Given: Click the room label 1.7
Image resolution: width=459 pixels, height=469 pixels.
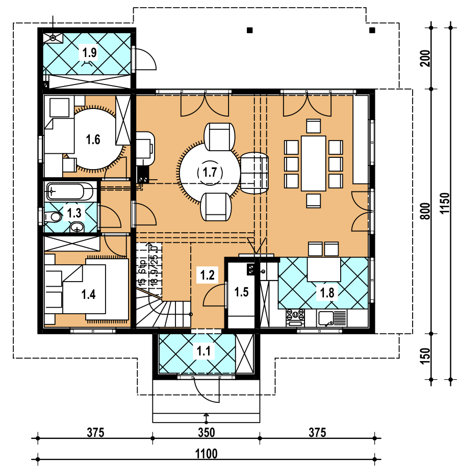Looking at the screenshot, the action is (210, 172).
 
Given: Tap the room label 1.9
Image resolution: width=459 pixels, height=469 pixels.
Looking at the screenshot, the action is (89, 52).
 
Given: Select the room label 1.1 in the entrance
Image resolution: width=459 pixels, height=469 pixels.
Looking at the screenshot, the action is (203, 350).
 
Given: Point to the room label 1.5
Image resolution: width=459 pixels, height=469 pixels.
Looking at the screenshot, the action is (241, 292).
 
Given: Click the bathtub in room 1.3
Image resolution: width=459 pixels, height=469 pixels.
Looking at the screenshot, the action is (70, 191).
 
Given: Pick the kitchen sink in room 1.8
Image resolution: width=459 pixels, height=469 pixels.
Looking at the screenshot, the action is (326, 318).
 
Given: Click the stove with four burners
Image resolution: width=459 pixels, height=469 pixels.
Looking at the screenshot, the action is (295, 318).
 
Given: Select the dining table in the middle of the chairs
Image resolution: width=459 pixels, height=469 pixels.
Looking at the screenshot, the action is (313, 163).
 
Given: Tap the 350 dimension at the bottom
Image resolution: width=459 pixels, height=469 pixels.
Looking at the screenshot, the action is (207, 432).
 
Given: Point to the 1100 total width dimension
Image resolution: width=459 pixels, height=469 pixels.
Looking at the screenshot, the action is (206, 454).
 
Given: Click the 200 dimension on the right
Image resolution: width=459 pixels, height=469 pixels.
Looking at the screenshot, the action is (425, 59).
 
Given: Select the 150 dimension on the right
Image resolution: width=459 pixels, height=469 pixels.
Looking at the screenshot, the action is (425, 355).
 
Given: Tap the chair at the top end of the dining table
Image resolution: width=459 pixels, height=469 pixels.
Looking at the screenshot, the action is (313, 126).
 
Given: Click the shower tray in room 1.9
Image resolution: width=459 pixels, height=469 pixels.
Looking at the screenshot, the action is (53, 38).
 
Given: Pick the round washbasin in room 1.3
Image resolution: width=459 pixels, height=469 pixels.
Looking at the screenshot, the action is (78, 227).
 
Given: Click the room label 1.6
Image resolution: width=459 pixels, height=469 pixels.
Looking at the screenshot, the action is (93, 140).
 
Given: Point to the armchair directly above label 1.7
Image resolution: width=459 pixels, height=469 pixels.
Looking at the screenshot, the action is (220, 136).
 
